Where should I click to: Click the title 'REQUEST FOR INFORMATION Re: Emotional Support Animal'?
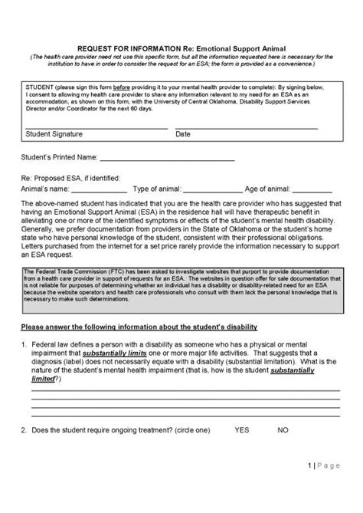tap(181, 48)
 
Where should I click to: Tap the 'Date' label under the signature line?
tap(183, 133)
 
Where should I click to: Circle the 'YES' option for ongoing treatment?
tap(243, 429)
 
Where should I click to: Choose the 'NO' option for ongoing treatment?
tap(283, 429)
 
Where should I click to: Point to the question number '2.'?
tap(25, 429)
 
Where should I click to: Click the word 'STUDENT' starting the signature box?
tap(39, 87)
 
